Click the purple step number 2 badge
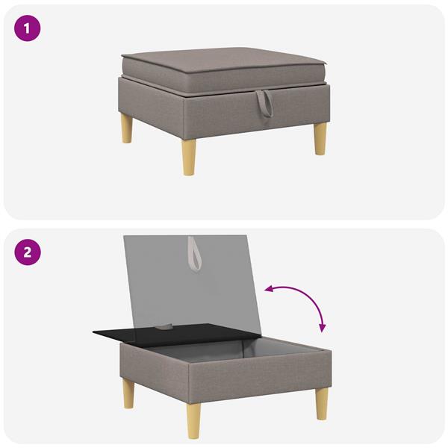point(28,252)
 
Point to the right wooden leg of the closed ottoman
point(320,138)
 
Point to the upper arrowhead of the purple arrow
point(269,288)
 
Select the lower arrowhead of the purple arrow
point(322,327)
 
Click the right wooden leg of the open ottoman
point(321,403)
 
